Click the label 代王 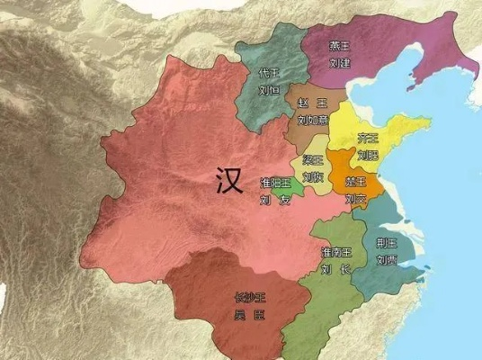click(x=267, y=72)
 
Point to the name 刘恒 click(x=267, y=90)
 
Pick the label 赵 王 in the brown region click(x=308, y=103)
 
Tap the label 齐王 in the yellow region click(x=367, y=138)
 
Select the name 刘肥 click(x=367, y=154)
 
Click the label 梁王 click(x=312, y=160)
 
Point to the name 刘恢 click(x=312, y=176)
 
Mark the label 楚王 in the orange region click(x=354, y=182)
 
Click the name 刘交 click(x=354, y=197)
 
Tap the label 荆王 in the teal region click(x=387, y=242)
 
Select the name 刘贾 click(x=387, y=260)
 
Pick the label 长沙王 click(x=250, y=297)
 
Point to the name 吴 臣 click(x=250, y=315)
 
